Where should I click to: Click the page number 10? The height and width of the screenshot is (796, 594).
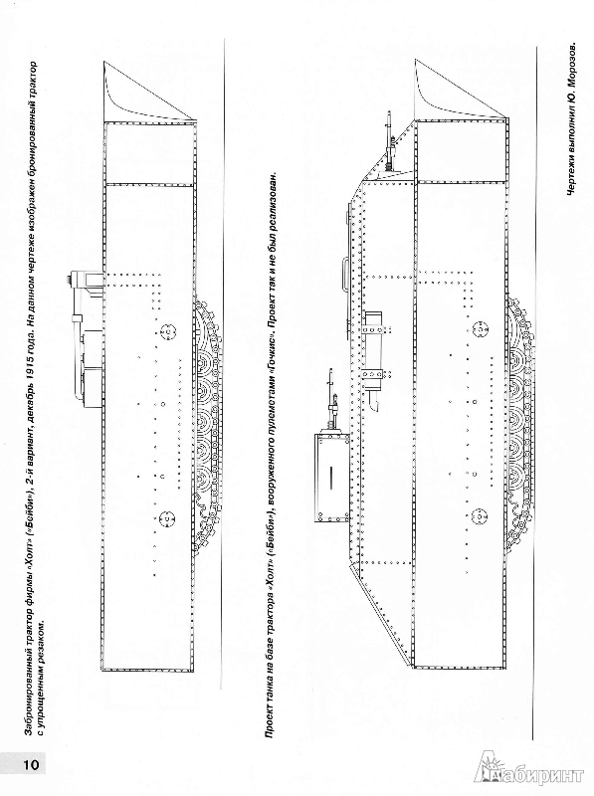[27, 764]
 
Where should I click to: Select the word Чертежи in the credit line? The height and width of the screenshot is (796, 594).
[571, 174]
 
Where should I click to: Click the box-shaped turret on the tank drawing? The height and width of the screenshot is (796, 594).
[332, 479]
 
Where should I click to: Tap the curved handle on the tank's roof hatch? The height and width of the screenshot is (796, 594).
[344, 275]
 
